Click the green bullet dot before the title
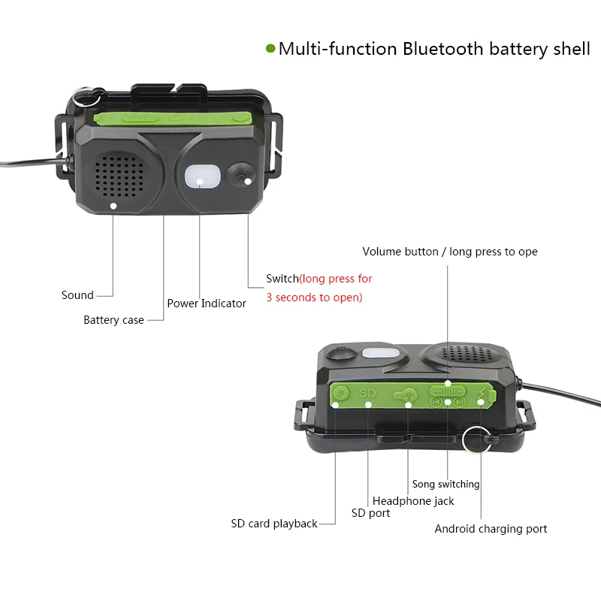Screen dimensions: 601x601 [270, 49]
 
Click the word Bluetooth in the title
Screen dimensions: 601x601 [443, 49]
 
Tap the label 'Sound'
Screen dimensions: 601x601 [77, 295]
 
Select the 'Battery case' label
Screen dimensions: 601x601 [113, 320]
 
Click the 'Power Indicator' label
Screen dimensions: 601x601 [207, 304]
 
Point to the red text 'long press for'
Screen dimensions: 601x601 [337, 279]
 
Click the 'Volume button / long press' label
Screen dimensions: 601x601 [449, 252]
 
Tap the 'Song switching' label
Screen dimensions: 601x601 [445, 485]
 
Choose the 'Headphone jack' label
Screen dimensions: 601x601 [413, 501]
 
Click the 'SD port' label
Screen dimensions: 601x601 [370, 513]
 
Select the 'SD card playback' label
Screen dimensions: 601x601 [273, 524]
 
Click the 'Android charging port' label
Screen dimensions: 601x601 [491, 529]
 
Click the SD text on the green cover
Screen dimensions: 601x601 [367, 392]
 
